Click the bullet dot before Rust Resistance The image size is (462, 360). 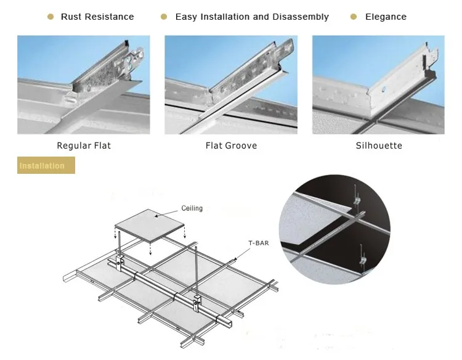[x=51, y=17]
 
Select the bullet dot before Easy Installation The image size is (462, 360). [x=164, y=17]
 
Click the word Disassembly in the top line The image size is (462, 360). [x=302, y=17]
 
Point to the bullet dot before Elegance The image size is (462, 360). [x=354, y=17]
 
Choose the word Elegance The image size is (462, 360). [x=386, y=17]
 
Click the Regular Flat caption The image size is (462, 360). [x=84, y=146]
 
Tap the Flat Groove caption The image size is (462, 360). [x=231, y=146]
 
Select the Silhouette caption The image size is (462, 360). [x=379, y=146]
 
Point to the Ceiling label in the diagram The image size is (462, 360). [x=192, y=208]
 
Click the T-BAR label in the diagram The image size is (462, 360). [x=259, y=243]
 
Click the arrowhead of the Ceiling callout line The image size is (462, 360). [x=155, y=216]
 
